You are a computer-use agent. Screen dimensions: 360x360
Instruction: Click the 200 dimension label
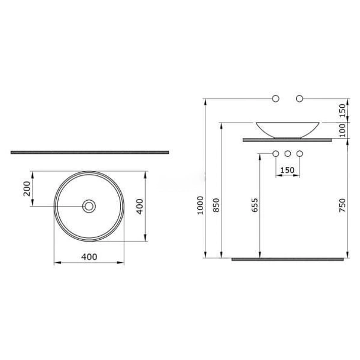pos(27,188)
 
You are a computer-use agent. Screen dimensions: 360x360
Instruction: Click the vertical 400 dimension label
pos(140,207)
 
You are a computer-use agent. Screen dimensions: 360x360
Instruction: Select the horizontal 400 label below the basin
pos(89,257)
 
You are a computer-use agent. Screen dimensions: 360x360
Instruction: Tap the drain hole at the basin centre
pos(89,206)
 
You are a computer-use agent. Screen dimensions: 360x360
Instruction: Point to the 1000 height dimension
pos(201,205)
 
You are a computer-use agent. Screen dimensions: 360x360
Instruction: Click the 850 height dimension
pos(216,205)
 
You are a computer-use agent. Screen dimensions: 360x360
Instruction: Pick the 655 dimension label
pos(255,205)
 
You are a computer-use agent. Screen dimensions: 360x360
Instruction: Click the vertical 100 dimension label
pos(342,130)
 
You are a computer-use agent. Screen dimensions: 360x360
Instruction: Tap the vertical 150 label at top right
pos(342,111)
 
